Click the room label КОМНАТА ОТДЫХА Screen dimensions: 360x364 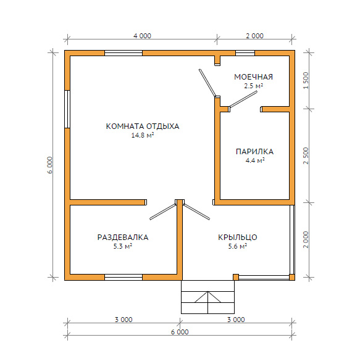click(x=143, y=126)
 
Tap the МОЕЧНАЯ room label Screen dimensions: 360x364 click(x=253, y=77)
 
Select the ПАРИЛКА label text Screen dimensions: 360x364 click(x=254, y=152)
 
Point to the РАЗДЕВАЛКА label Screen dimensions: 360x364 click(x=123, y=238)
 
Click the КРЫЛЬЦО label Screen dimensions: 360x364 click(x=238, y=238)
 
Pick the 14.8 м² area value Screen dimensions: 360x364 click(x=143, y=135)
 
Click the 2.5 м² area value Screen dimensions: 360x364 click(x=253, y=86)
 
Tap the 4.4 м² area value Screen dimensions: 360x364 click(x=255, y=160)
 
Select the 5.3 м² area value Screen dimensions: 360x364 click(x=123, y=246)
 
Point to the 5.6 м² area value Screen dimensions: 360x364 click(x=238, y=246)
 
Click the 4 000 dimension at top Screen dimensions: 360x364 click(x=142, y=36)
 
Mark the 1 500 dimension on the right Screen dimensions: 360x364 click(x=306, y=80)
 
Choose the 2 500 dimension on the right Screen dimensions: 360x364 click(x=306, y=155)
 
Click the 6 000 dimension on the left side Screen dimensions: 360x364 click(x=50, y=165)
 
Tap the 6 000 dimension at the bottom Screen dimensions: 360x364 click(x=180, y=332)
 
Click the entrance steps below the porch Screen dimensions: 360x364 click(x=207, y=297)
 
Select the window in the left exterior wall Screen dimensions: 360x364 click(x=67, y=109)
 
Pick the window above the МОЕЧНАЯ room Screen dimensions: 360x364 click(x=245, y=53)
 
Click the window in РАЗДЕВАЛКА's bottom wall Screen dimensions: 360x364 click(x=123, y=277)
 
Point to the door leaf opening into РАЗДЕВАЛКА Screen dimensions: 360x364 click(x=163, y=212)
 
